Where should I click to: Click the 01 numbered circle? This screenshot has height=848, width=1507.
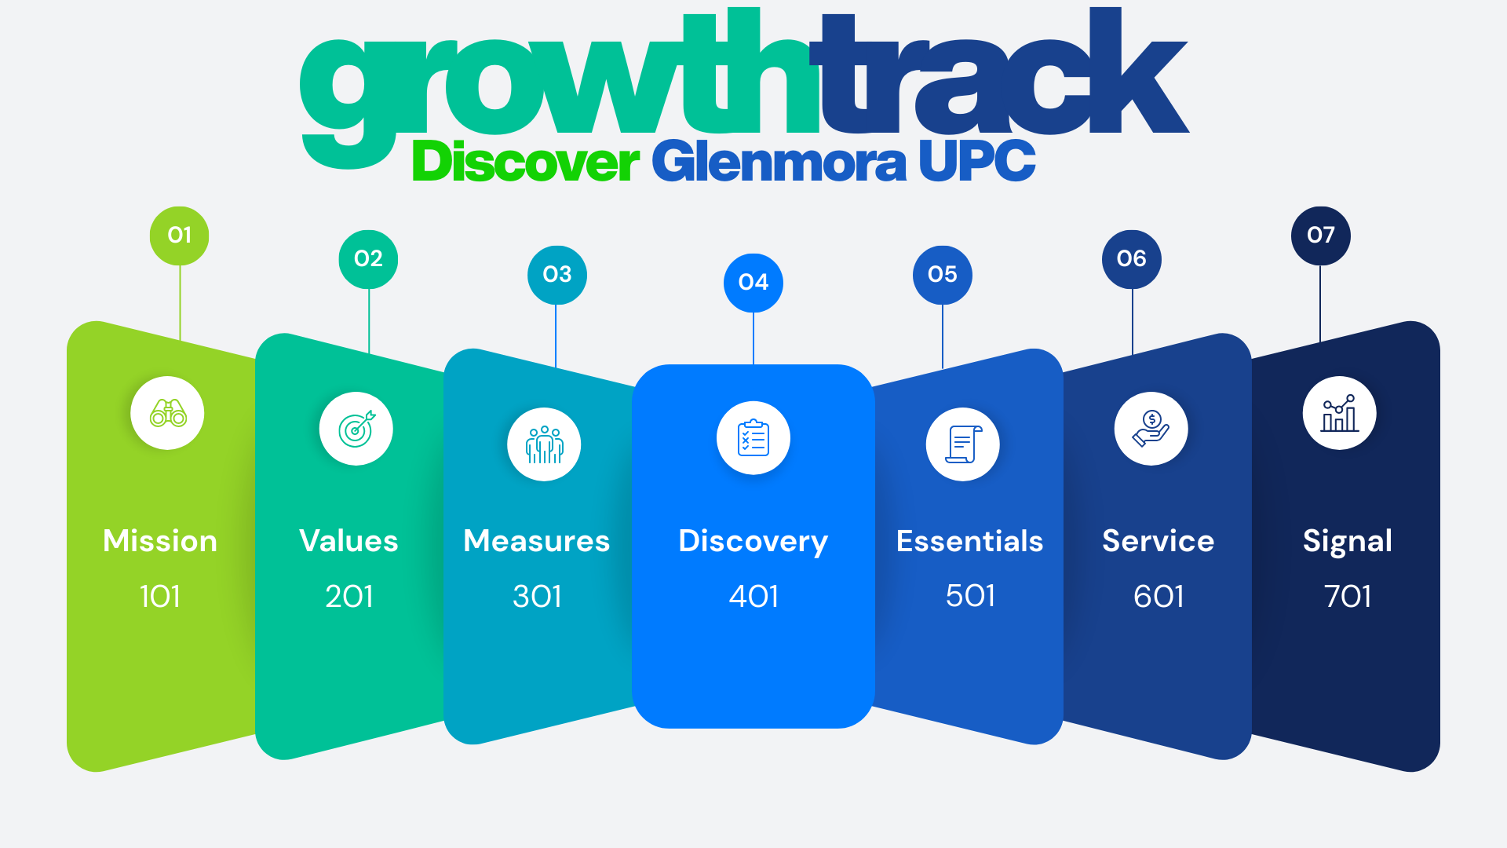pos(180,236)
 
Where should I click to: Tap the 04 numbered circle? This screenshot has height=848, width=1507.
pos(753,283)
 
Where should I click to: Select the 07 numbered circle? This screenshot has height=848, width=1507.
pos(1321,236)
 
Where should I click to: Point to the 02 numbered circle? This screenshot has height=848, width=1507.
pos(368,259)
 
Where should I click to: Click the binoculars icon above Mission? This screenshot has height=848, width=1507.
pos(168,413)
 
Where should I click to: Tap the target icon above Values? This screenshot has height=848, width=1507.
pos(356,429)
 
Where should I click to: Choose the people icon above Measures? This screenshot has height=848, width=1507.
pos(545,444)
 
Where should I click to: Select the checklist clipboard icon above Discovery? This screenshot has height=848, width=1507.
pos(753,438)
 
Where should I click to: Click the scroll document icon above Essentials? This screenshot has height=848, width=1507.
pos(963,444)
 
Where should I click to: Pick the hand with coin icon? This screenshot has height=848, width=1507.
pos(1151,429)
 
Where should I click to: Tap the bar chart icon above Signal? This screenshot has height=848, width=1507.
pos(1340,413)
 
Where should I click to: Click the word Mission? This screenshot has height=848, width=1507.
pos(160,541)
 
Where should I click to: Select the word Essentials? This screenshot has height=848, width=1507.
pos(970,541)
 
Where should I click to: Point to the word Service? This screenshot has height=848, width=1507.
pos(1159,541)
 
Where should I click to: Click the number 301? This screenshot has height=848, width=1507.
pos(538,597)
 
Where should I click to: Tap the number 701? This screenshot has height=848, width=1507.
pos(1348,597)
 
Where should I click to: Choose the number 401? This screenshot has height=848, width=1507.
pos(753,597)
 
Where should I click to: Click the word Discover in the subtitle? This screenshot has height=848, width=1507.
pos(526,162)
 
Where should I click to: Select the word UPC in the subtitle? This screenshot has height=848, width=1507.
pos(977,161)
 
